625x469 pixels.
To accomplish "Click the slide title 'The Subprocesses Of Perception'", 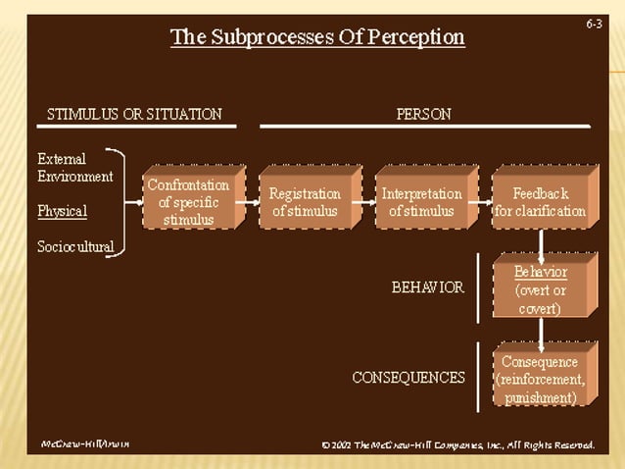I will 317,38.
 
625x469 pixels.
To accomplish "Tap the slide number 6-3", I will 594,23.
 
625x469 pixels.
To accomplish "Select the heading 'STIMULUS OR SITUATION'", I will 134,114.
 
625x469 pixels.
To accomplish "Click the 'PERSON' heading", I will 424,114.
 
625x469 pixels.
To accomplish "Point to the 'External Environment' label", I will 74,168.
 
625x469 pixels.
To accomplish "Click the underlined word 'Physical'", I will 62,211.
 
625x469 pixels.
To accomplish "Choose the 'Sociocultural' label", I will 75,245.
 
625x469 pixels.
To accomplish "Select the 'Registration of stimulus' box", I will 304,202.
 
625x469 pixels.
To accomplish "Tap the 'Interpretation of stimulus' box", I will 421,202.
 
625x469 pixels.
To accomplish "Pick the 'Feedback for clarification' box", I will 540,202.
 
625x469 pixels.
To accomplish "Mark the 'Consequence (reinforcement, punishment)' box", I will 540,379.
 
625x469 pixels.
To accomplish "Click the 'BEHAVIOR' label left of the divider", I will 427,287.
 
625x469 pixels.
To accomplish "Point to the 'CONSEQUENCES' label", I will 409,377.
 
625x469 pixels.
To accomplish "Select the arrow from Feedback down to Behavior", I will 541,243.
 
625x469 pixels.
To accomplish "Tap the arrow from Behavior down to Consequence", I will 541,334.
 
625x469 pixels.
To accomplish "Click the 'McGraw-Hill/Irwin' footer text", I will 85,444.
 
